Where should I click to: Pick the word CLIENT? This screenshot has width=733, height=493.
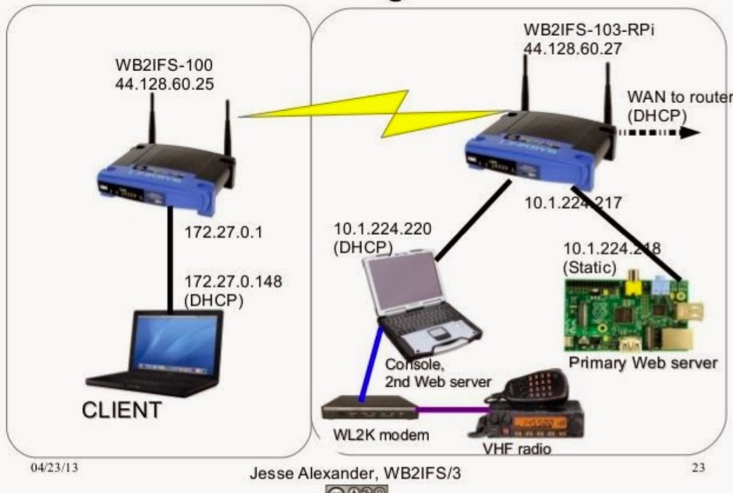pos(144,408)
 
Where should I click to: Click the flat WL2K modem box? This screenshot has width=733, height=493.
pos(368,406)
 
